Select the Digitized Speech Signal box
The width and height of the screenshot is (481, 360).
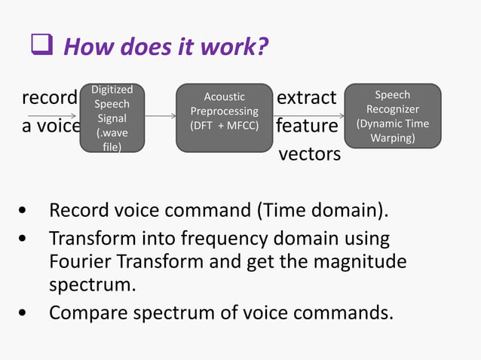[x=110, y=117]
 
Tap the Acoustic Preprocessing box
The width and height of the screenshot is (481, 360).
[x=224, y=116]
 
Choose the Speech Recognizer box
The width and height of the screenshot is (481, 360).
[x=392, y=116]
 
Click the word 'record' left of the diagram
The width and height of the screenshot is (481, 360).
[x=49, y=99]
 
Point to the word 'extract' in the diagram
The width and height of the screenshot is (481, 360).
[x=306, y=99]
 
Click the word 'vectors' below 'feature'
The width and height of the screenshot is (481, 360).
[x=309, y=154]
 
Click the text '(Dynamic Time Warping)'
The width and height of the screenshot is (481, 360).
[x=392, y=130]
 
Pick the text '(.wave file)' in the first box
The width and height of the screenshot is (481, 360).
[x=110, y=140]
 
